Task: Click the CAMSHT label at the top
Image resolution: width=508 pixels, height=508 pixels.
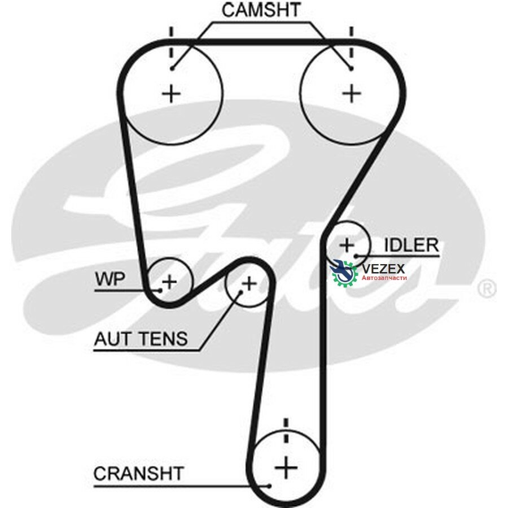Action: [x=261, y=10]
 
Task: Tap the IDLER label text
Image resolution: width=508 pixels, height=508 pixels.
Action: [x=411, y=245]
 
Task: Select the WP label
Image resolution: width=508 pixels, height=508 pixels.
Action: [x=110, y=279]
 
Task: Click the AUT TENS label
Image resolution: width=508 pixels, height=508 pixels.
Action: [x=141, y=339]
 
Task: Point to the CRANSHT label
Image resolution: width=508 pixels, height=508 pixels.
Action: [x=139, y=474]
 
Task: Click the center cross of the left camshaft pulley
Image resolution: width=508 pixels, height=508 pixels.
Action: [x=171, y=94]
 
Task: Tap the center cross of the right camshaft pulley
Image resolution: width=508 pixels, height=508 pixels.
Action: [x=352, y=94]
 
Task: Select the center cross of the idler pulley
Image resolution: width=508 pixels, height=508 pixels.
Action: [x=347, y=245]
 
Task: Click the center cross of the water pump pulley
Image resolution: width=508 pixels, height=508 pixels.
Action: [x=169, y=282]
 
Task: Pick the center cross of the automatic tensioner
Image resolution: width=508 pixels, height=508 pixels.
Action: [x=249, y=284]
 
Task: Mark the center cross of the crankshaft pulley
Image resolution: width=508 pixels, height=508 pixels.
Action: [x=286, y=467]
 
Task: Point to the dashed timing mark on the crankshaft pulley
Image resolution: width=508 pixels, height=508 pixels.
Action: [x=286, y=430]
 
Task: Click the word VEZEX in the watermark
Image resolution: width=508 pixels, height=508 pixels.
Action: [x=383, y=269]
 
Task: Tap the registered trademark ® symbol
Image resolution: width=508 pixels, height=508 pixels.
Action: [x=487, y=289]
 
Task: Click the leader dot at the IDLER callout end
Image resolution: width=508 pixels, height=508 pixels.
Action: [x=356, y=256]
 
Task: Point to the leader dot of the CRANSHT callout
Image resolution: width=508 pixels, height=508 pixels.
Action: [x=269, y=486]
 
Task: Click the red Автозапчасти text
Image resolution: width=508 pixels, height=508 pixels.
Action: [x=384, y=278]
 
